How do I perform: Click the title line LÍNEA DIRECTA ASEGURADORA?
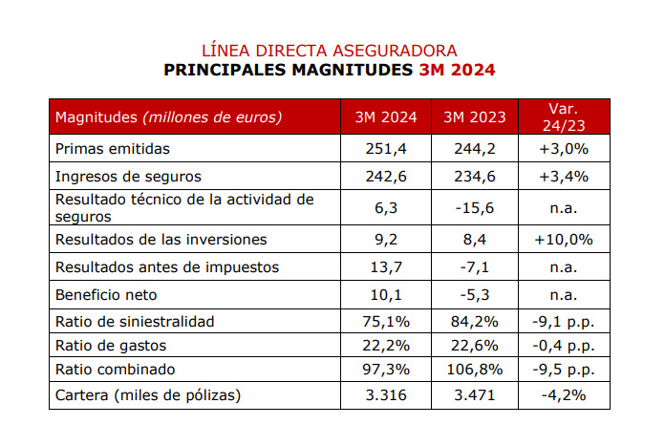tap(330, 50)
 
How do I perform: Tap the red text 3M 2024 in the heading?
tap(458, 70)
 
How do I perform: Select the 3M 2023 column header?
tap(474, 117)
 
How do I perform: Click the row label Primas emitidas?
tap(113, 149)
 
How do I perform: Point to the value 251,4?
tap(385, 149)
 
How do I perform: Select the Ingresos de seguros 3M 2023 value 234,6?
tap(474, 177)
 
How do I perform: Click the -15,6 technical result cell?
tap(474, 207)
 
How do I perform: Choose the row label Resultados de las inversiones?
tap(161, 239)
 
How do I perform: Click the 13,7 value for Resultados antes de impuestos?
tap(385, 266)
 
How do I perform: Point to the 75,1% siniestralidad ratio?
tap(385, 321)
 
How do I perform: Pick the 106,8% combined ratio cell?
tap(474, 369)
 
